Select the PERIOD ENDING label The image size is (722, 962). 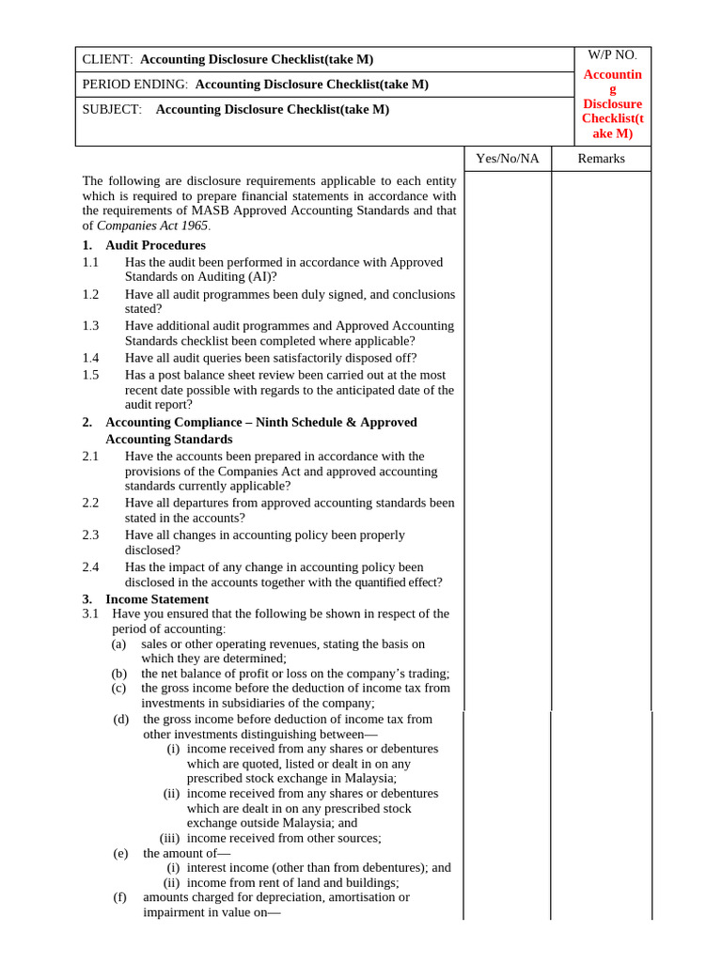135,84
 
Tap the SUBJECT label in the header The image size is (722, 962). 112,109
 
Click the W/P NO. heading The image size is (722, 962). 612,55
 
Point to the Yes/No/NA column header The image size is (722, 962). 508,158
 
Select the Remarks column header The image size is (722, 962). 601,158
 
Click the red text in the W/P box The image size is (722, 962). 612,103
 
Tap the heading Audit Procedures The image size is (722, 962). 155,245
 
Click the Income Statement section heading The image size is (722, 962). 157,598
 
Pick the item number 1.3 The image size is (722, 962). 90,325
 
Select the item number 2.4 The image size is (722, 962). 90,566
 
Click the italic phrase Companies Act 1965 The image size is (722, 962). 153,225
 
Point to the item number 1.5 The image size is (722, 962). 90,374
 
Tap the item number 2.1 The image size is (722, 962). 90,456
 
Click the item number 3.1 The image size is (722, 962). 90,613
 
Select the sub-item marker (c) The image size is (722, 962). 118,688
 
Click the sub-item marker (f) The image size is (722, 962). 120,897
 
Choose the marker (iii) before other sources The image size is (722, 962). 169,838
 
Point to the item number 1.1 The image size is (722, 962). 90,262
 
